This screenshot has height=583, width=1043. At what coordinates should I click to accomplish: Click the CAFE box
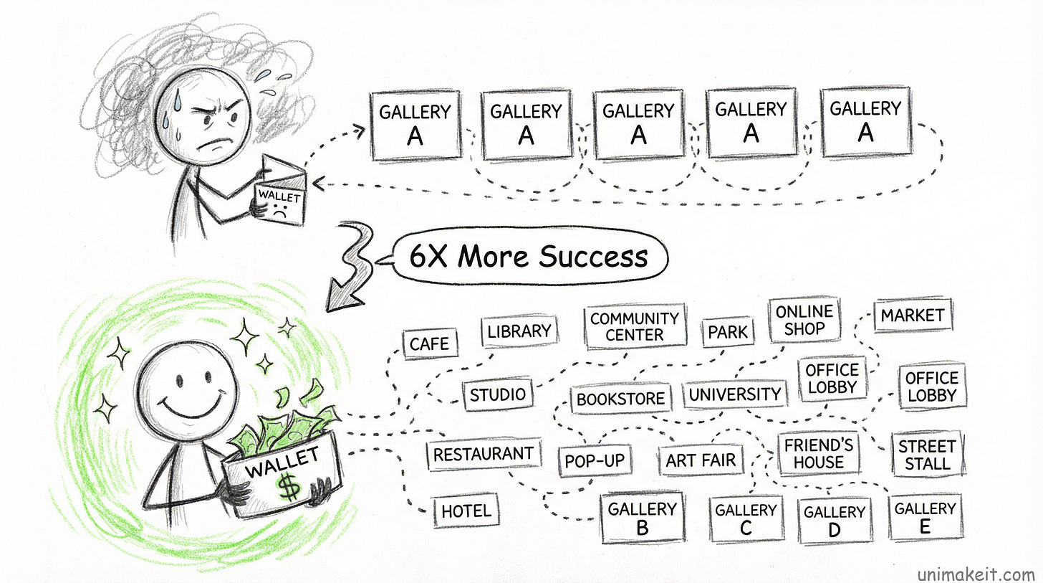(430, 343)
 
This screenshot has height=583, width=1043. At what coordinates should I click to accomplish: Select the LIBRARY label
(519, 331)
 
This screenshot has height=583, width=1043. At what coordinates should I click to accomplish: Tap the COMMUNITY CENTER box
(635, 326)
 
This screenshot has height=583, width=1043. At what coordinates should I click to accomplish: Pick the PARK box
(728, 332)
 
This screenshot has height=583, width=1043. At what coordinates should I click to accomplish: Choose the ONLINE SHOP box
(804, 321)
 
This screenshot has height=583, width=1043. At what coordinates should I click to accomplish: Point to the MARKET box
(913, 316)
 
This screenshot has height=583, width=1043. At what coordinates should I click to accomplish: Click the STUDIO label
(497, 394)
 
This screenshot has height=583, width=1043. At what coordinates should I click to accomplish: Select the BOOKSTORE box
(621, 399)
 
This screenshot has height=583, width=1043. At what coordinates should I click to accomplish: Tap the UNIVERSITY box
(734, 394)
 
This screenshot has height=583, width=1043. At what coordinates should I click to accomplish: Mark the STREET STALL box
(927, 455)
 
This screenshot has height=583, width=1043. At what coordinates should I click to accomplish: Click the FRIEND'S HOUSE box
(818, 453)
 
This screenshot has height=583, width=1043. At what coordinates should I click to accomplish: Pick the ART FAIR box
(701, 460)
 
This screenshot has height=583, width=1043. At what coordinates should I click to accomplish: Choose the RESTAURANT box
(483, 454)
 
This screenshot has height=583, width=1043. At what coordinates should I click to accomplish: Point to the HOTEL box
(466, 511)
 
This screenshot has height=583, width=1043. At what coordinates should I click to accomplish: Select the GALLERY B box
(642, 518)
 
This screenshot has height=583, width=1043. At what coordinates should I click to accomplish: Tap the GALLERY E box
(925, 517)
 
